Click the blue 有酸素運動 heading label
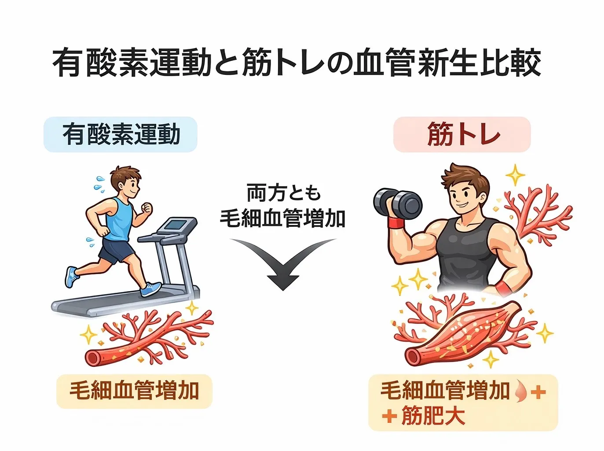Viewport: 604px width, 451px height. (121, 135)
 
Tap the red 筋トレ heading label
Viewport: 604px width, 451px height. (462, 135)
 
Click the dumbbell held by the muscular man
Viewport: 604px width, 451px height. (398, 203)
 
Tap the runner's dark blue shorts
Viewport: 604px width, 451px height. (116, 250)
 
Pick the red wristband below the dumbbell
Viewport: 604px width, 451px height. (396, 222)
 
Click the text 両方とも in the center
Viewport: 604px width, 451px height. (283, 193)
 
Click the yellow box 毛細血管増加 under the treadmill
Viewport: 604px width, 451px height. (134, 391)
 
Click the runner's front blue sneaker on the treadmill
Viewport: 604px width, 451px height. (150, 288)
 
